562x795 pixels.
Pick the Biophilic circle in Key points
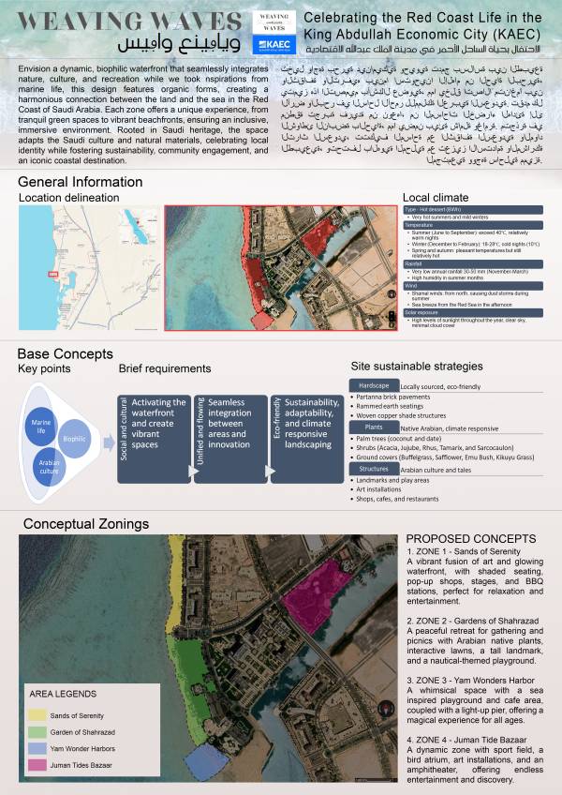coord(74,437)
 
